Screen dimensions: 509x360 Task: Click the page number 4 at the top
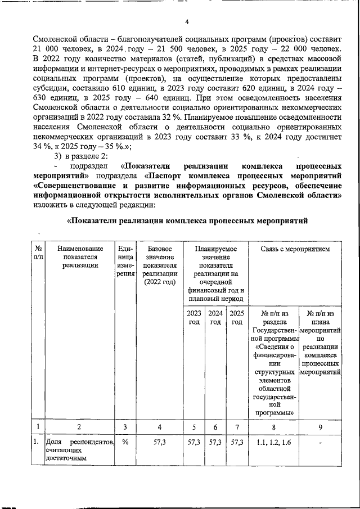[187, 22]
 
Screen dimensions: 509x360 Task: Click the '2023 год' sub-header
[193, 317]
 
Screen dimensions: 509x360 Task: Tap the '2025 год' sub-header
[237, 317]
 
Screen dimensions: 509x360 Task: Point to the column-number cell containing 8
[273, 427]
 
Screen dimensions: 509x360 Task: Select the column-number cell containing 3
[125, 427]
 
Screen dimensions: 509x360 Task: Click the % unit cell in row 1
[125, 444]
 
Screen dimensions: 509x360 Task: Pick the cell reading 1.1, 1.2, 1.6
[273, 444]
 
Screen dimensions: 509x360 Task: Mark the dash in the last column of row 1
[321, 444]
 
